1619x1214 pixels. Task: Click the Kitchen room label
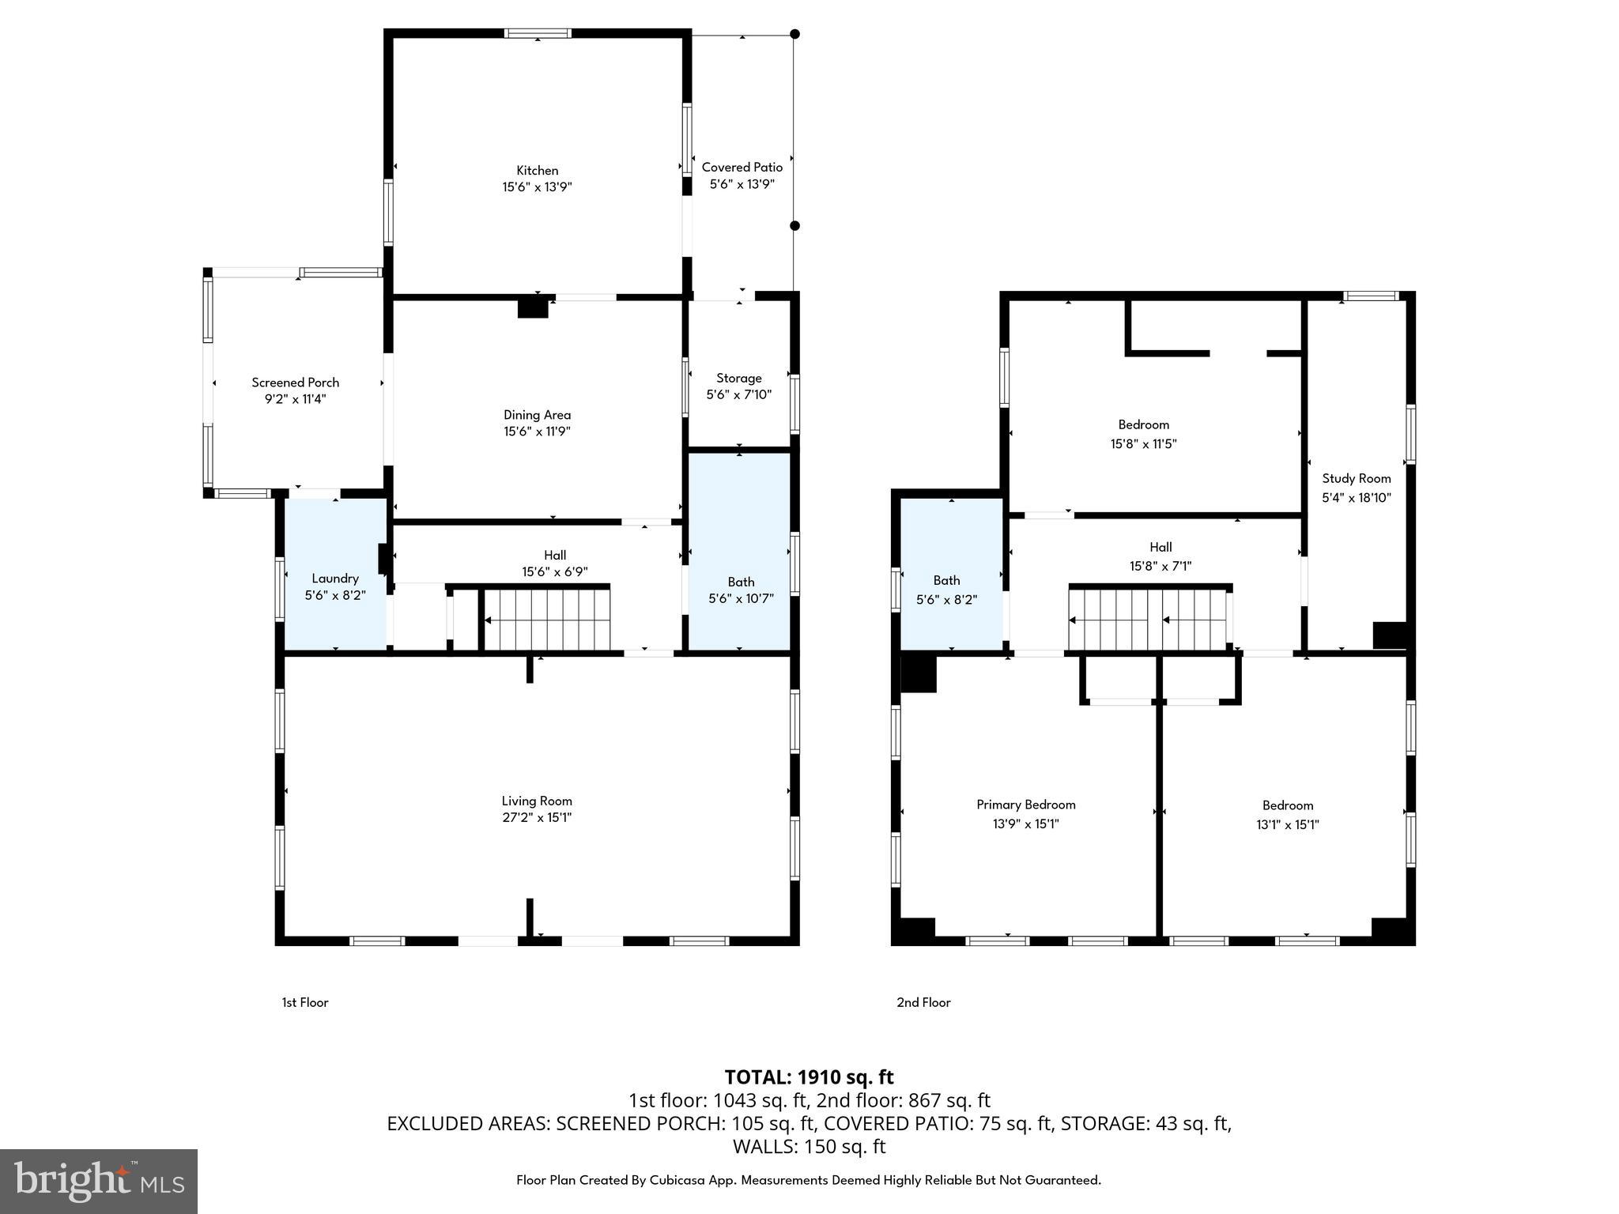537,171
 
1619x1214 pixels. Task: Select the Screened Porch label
295,383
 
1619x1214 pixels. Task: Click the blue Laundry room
335,585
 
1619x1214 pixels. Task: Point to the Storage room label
738,379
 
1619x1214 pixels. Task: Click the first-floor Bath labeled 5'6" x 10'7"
741,590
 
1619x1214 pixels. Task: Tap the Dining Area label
537,415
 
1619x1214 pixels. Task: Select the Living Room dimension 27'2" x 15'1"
537,818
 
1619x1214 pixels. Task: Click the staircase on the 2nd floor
1149,620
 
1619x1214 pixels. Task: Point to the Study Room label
1356,479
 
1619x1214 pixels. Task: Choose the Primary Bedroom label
1025,805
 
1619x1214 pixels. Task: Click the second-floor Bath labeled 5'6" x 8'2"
946,590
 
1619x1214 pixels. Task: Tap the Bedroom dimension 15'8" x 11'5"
1143,444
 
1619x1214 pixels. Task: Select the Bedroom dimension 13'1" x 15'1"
1287,825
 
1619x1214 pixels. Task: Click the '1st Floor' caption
305,1002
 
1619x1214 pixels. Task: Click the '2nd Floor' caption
923,1002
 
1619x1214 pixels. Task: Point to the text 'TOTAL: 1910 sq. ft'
809,1077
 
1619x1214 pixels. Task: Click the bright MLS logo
99,1181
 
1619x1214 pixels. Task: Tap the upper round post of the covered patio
794,34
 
